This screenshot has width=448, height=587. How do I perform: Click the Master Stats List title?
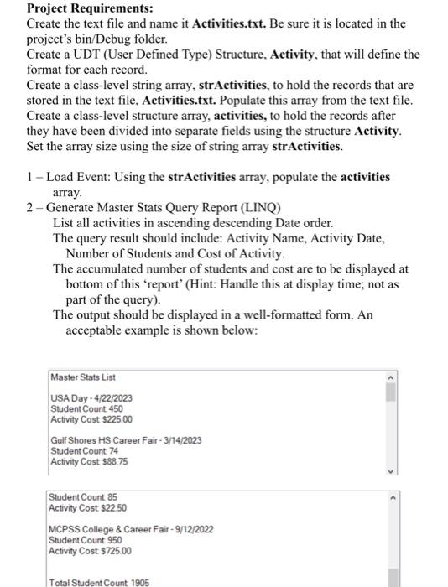83,377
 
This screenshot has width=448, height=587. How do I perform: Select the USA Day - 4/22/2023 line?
91,397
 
